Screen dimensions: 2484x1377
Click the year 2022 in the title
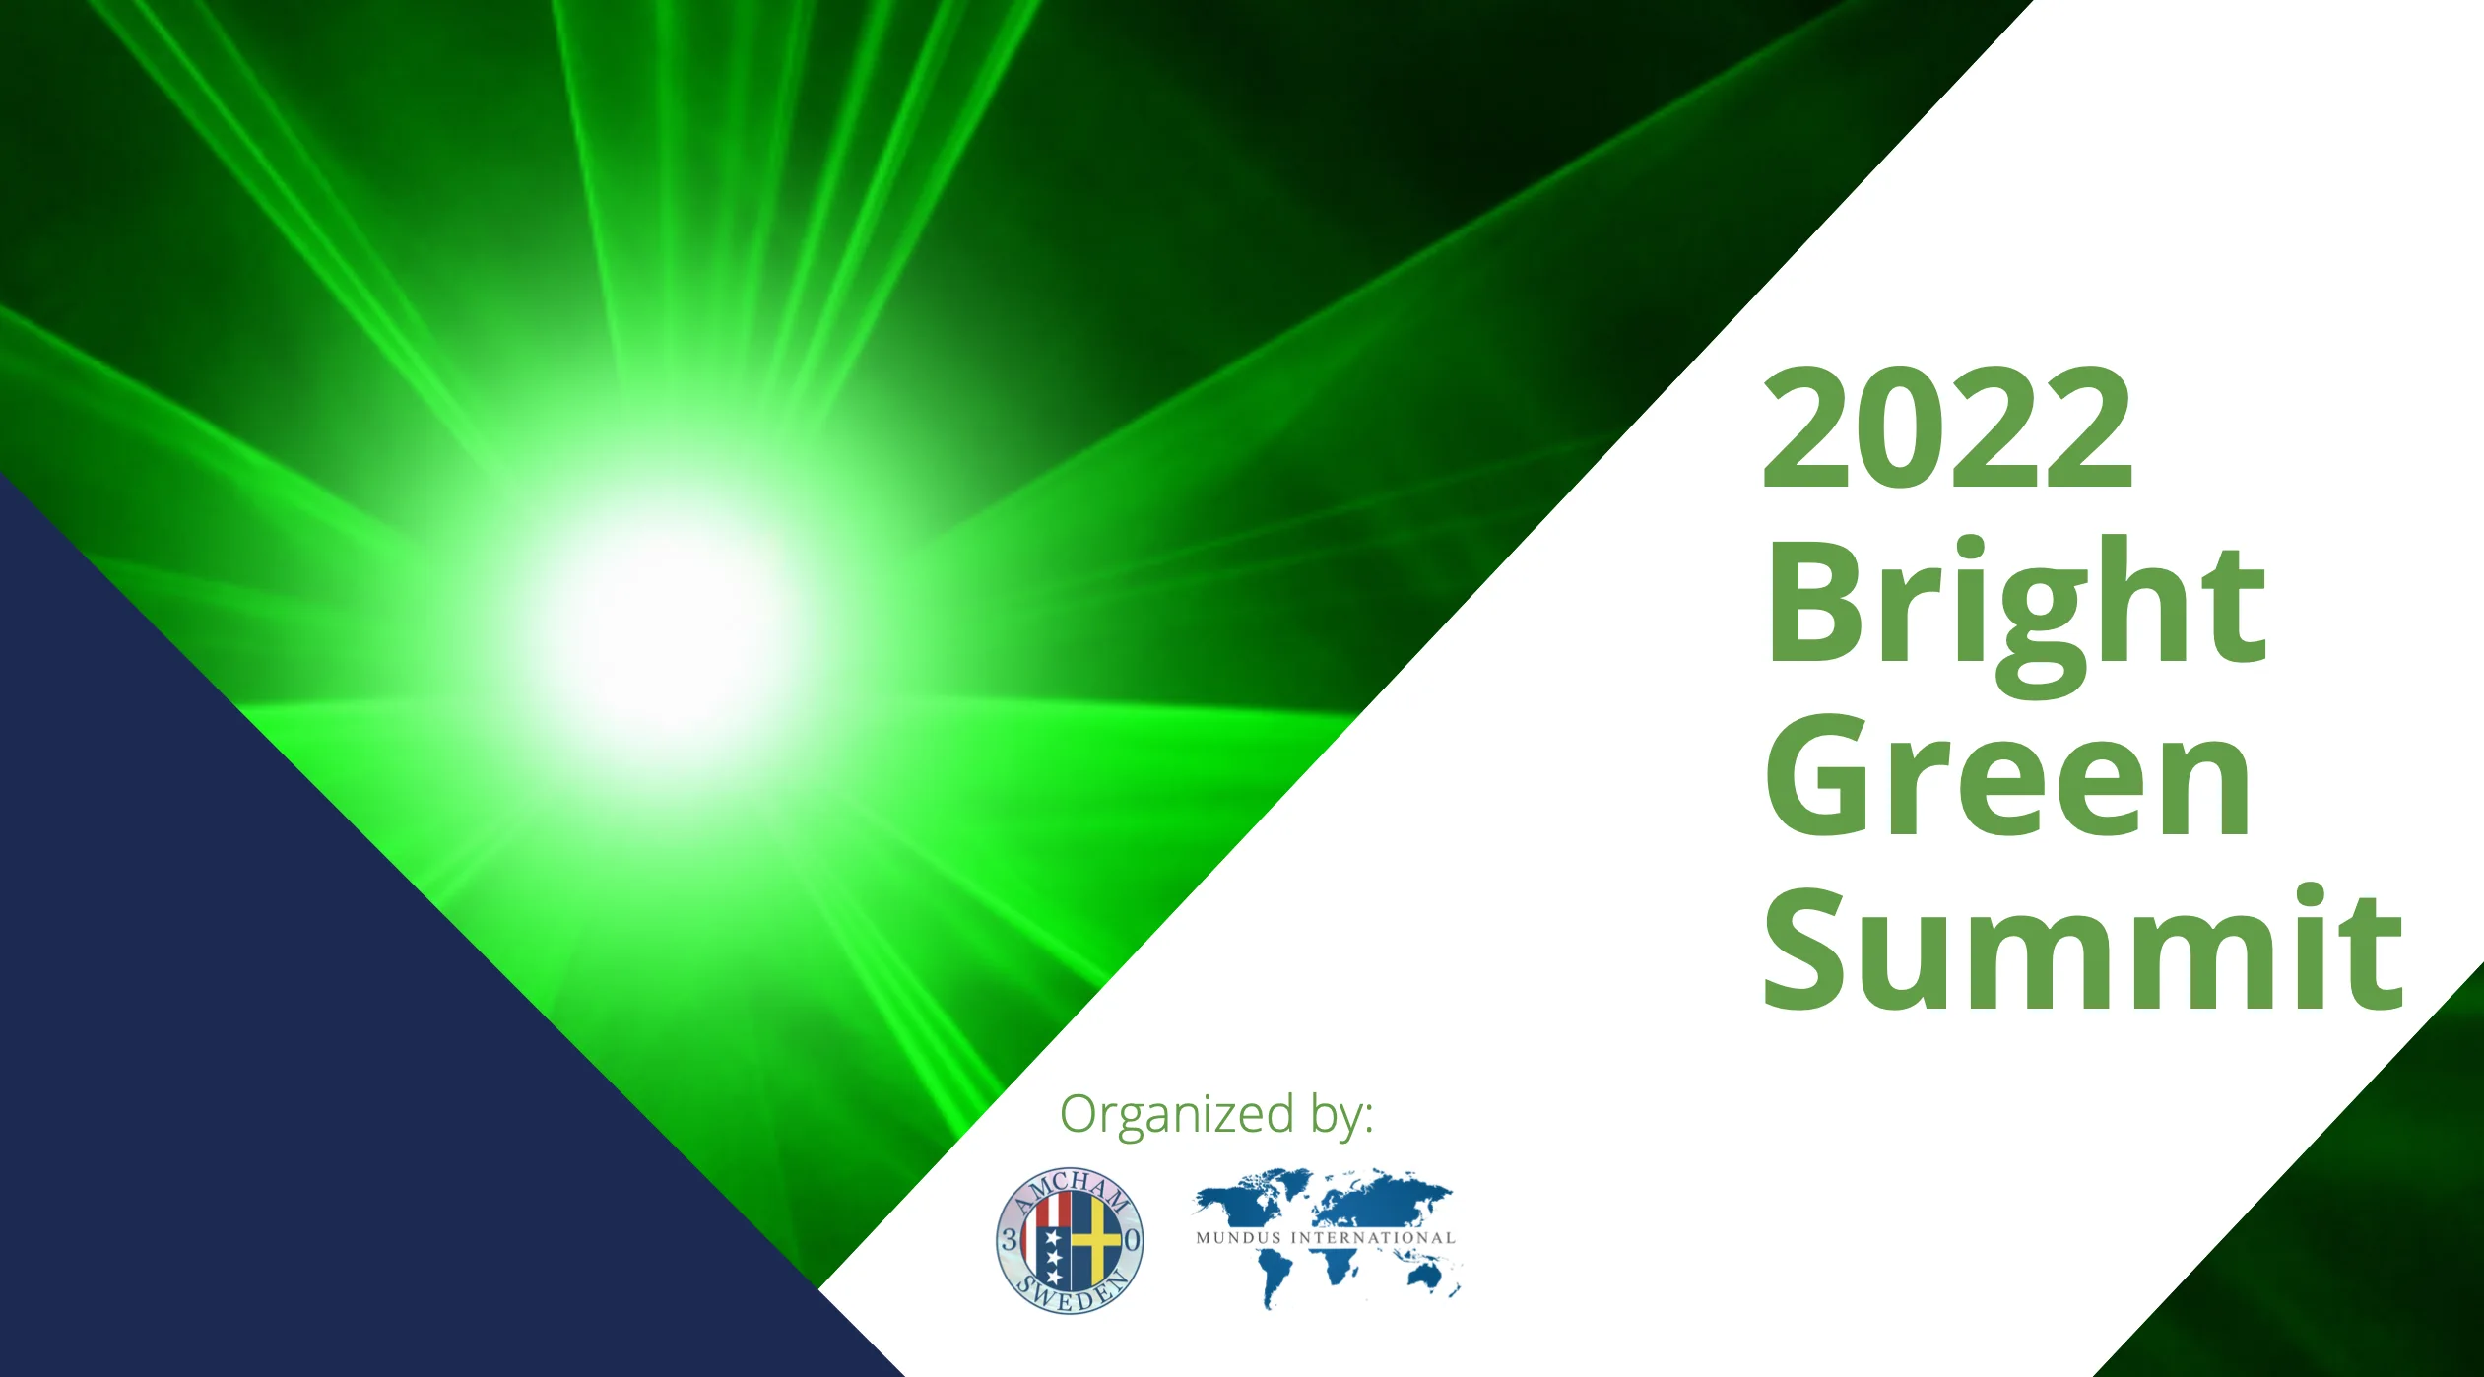tap(1947, 426)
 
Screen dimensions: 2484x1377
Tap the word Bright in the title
tap(2016, 610)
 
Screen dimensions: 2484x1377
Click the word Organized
tap(1177, 1116)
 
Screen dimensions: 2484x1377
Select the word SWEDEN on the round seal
tap(1072, 1292)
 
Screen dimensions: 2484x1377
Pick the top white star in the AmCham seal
tap(1051, 1235)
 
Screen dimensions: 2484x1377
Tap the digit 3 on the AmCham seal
tap(1009, 1240)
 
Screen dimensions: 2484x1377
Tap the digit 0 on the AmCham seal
tap(1133, 1240)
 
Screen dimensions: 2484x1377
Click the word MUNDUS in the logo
tap(1239, 1238)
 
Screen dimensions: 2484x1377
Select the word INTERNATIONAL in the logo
tap(1373, 1238)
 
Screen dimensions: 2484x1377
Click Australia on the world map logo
tap(1427, 1277)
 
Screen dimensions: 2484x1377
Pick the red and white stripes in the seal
tap(1051, 1209)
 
